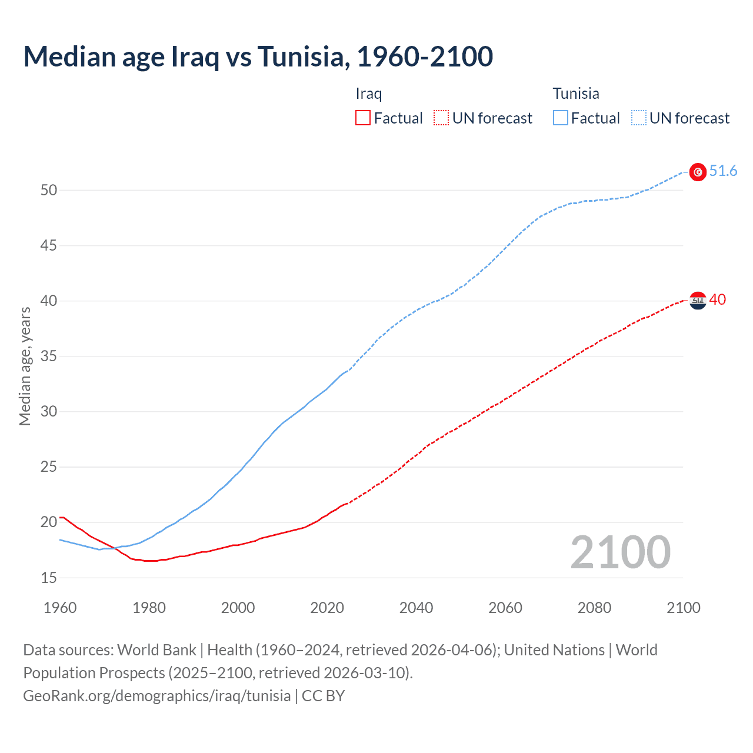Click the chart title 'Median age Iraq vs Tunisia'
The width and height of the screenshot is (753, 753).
click(258, 56)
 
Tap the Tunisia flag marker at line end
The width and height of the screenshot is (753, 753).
click(698, 172)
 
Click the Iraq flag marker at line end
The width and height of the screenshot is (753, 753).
click(698, 301)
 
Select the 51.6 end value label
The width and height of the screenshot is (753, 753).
click(723, 171)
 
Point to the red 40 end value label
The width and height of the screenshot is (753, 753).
click(718, 300)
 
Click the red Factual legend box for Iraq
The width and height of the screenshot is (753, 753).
click(363, 118)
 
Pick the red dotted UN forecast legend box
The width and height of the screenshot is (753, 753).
click(441, 118)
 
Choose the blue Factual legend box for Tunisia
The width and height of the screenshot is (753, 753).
click(561, 118)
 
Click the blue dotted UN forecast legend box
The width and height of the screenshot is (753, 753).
click(639, 118)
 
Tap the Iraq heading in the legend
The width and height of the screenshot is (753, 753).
click(369, 94)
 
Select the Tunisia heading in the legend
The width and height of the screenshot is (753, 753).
click(576, 94)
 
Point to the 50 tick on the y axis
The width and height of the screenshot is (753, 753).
click(49, 190)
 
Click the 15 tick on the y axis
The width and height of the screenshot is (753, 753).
click(49, 578)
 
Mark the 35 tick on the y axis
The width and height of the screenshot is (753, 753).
click(49, 356)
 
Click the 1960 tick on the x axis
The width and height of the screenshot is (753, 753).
click(60, 608)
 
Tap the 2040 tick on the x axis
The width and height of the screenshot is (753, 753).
click(416, 608)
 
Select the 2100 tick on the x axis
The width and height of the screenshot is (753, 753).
click(684, 608)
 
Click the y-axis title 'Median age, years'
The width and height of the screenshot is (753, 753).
click(25, 366)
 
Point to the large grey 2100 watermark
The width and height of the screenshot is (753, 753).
click(620, 552)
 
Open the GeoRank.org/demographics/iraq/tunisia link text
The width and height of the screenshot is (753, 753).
click(157, 696)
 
